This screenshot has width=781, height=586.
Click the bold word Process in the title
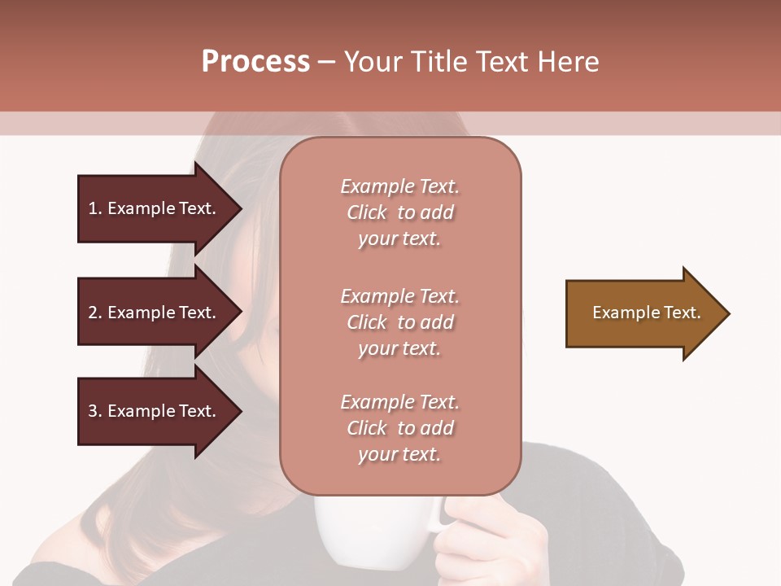(x=255, y=62)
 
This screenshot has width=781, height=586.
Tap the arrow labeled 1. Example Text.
(x=155, y=208)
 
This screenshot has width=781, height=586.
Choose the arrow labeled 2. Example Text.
(x=155, y=313)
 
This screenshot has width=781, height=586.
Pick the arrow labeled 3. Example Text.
(x=155, y=411)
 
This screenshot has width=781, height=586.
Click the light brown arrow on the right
(x=643, y=313)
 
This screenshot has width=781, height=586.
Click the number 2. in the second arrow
(x=95, y=313)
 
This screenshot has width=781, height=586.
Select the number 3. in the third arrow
(x=95, y=411)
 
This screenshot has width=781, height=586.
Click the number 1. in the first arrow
(x=95, y=208)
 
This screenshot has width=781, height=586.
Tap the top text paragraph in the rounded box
(x=399, y=212)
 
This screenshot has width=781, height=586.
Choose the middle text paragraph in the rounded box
(x=399, y=322)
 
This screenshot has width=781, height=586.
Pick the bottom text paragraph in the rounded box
(x=399, y=428)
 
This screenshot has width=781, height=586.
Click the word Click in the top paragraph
(x=367, y=212)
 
